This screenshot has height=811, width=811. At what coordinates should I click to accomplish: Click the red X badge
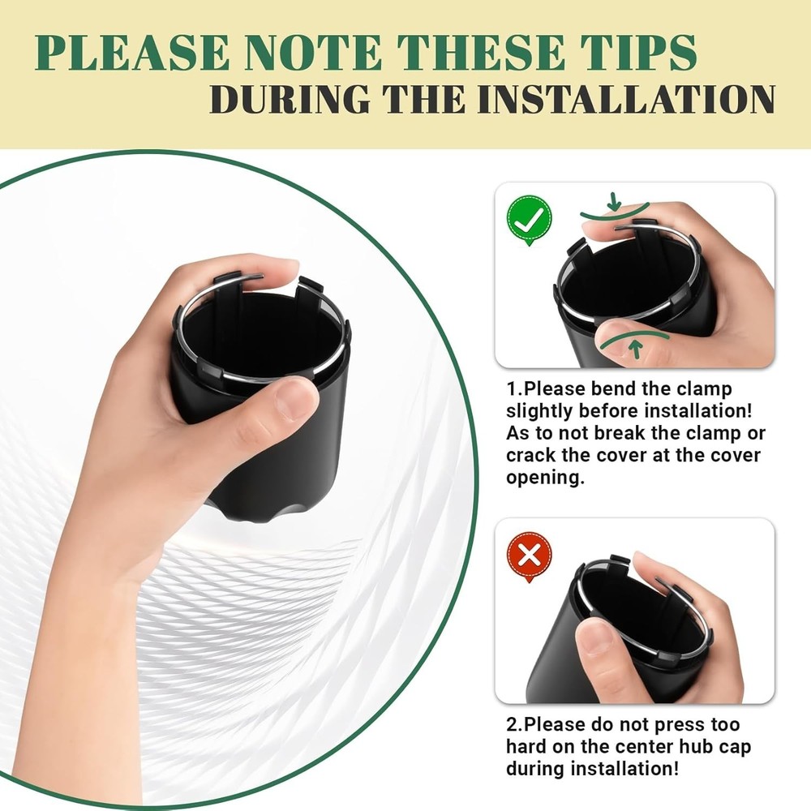click(529, 556)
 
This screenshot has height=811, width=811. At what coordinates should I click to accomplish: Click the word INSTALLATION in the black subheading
click(626, 99)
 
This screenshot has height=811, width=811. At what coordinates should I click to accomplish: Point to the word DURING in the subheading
click(290, 99)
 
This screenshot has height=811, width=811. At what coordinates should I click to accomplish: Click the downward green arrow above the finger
click(615, 201)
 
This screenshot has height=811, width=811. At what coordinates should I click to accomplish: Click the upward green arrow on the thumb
click(636, 350)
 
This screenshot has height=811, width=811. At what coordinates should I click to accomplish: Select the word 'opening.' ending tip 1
click(545, 478)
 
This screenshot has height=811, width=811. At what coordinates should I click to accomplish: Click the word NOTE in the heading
click(312, 53)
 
